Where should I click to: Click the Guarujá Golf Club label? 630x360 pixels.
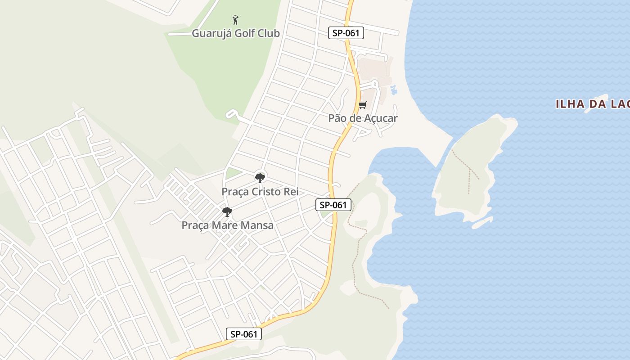click(x=236, y=33)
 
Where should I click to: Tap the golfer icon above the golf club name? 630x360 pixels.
click(x=235, y=20)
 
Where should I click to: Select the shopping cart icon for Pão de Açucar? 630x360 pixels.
click(x=363, y=105)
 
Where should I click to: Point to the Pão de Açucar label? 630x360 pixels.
click(x=363, y=118)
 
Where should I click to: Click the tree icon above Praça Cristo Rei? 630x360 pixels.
click(x=260, y=178)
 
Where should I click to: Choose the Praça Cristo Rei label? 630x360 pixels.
click(x=260, y=192)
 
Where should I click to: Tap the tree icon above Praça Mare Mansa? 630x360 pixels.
click(x=227, y=211)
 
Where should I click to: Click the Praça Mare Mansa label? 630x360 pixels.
click(x=227, y=225)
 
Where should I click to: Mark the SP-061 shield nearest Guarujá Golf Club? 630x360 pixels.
click(x=346, y=33)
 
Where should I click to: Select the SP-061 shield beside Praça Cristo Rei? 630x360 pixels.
click(x=333, y=205)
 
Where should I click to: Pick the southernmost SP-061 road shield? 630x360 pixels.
click(x=243, y=334)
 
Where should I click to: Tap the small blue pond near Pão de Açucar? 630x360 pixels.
click(x=394, y=90)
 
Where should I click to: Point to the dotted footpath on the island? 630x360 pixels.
click(x=468, y=171)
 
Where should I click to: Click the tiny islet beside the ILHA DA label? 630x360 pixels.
click(x=597, y=103)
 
